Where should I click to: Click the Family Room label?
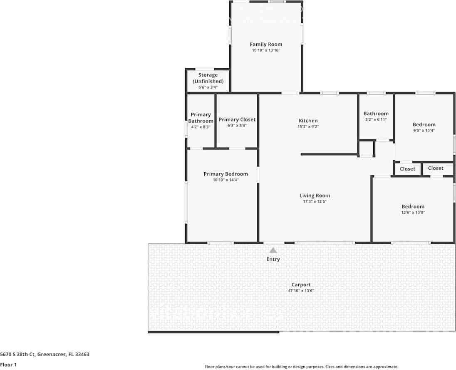pyautogui.click(x=266, y=44)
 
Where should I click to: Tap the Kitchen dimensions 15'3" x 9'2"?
pyautogui.click(x=308, y=127)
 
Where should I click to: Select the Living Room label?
pyautogui.click(x=315, y=196)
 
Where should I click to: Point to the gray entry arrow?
pyautogui.click(x=273, y=250)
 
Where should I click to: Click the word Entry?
pyautogui.click(x=273, y=259)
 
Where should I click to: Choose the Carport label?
pyautogui.click(x=301, y=285)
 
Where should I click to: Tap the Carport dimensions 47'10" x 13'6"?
pyautogui.click(x=301, y=291)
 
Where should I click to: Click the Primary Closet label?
pyautogui.click(x=237, y=119)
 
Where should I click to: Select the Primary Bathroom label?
pyautogui.click(x=201, y=118)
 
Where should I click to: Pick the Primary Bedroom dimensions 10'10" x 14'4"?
pyautogui.click(x=226, y=180)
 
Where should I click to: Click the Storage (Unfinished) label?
pyautogui.click(x=208, y=78)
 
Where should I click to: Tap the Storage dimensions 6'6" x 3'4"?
pyautogui.click(x=208, y=87)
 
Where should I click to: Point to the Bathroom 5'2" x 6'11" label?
pyautogui.click(x=376, y=114)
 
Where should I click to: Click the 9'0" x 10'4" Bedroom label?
pyautogui.click(x=424, y=124)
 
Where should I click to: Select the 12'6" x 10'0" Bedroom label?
pyautogui.click(x=413, y=206)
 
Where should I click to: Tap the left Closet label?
pyautogui.click(x=407, y=169)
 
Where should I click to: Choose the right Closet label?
pyautogui.click(x=436, y=168)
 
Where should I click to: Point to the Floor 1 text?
pyautogui.click(x=8, y=365)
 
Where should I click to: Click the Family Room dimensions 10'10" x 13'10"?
pyautogui.click(x=266, y=50)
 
